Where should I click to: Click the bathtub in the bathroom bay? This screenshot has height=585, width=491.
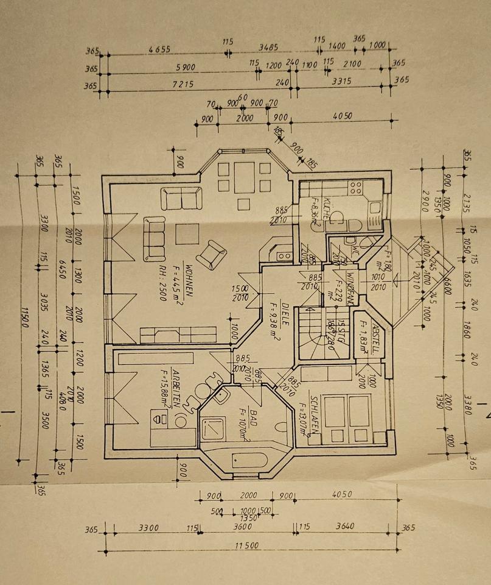point(249,460)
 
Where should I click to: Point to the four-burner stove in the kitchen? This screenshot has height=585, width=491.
point(355,186)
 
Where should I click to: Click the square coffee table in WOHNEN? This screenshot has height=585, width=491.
point(187,235)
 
